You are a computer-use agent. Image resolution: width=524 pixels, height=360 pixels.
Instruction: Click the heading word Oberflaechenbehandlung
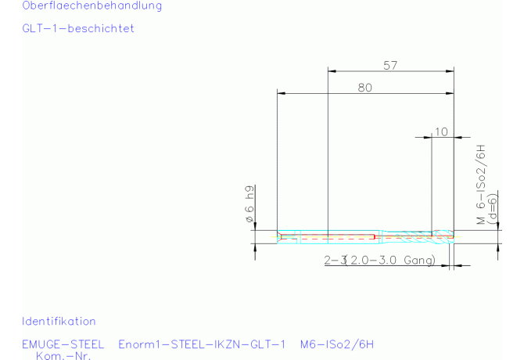92,5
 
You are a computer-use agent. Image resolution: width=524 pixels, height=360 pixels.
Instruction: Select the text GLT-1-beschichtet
78,28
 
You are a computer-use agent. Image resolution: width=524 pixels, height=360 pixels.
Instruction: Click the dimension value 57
390,66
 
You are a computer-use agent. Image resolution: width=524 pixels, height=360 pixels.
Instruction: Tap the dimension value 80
365,88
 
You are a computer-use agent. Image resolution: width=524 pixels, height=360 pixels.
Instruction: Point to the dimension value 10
441,131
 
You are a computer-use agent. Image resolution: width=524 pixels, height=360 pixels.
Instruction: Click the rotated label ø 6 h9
249,204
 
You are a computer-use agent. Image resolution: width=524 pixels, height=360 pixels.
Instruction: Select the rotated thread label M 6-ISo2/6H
480,184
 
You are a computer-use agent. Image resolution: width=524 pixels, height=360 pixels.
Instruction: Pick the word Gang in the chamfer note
418,260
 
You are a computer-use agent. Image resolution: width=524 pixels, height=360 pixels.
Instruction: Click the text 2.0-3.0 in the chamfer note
373,260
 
